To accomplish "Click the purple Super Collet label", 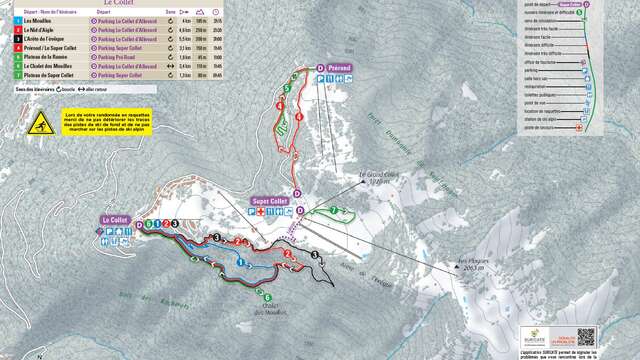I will (268, 201).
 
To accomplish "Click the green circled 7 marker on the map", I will (336, 211).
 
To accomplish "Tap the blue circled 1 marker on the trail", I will (241, 261).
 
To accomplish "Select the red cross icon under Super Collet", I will (263, 213).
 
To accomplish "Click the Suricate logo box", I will (536, 338).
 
